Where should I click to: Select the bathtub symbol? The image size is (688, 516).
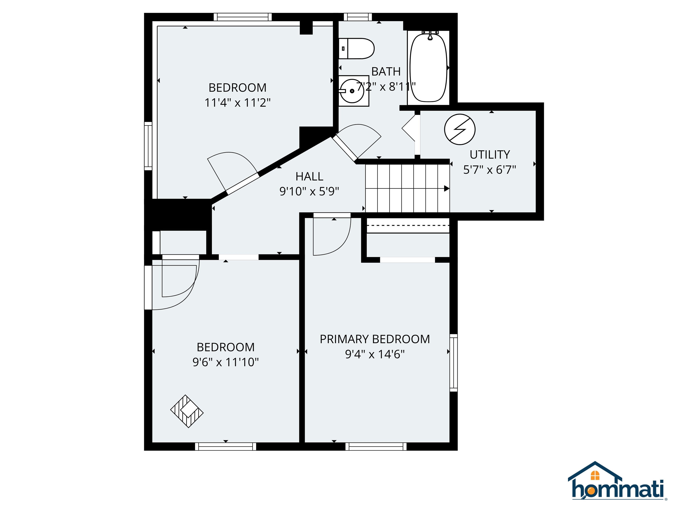pos(429,68)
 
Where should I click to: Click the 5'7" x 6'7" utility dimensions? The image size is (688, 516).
pos(490,170)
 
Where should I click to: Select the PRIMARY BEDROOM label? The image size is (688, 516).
pos(375,339)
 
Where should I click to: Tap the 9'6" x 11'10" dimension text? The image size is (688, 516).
pos(226,362)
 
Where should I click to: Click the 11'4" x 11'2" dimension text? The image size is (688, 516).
pos(238,103)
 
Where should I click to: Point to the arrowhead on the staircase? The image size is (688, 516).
pos(447,189)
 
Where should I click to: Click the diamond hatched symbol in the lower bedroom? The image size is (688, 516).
pos(187,411)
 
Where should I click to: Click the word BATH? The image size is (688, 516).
pos(386,71)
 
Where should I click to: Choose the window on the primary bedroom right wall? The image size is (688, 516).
pos(454,363)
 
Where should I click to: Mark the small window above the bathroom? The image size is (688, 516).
pos(358,17)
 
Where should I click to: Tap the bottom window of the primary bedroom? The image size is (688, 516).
pos(376,447)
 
